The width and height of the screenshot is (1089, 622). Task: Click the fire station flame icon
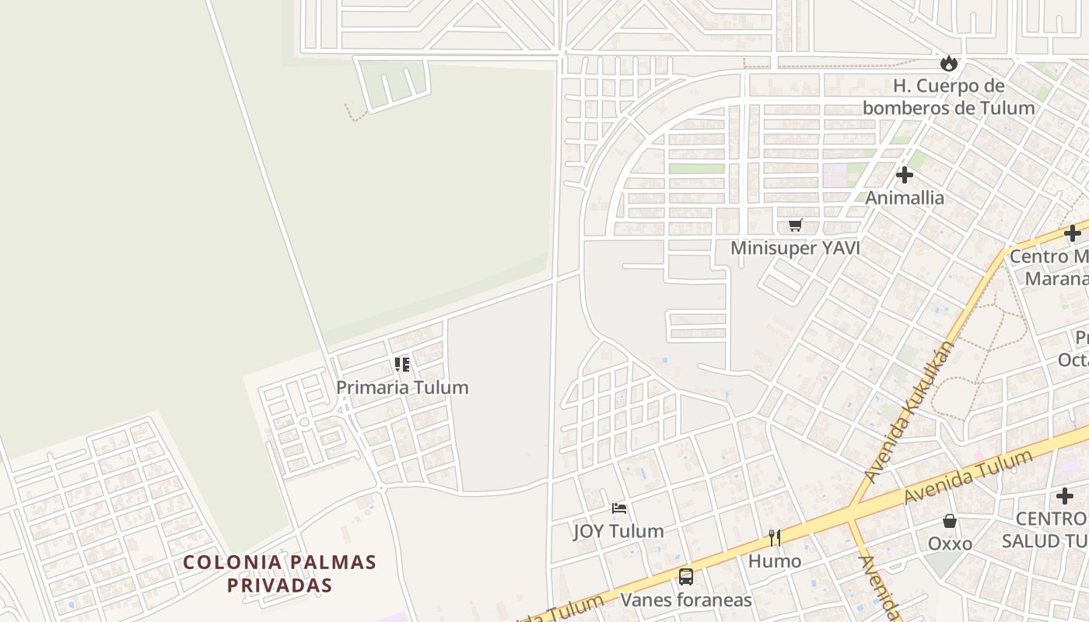pyautogui.click(x=948, y=63)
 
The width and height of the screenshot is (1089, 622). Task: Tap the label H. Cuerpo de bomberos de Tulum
pyautogui.click(x=948, y=97)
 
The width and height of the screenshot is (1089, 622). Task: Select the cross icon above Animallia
pyautogui.click(x=904, y=175)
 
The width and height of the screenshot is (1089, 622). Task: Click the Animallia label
pyautogui.click(x=905, y=197)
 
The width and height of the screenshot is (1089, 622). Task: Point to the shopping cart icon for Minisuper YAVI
pyautogui.click(x=795, y=225)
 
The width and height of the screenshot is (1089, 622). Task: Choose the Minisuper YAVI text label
pyautogui.click(x=795, y=248)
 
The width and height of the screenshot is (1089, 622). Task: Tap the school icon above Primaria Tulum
pyautogui.click(x=401, y=364)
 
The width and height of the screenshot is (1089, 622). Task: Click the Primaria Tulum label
pyautogui.click(x=402, y=387)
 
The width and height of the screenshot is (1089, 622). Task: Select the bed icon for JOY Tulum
pyautogui.click(x=619, y=508)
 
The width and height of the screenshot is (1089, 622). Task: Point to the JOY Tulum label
pyautogui.click(x=618, y=531)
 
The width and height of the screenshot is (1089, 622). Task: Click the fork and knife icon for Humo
pyautogui.click(x=775, y=538)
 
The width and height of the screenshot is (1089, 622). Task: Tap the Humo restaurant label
pyautogui.click(x=775, y=561)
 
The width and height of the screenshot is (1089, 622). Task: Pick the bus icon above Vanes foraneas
pyautogui.click(x=685, y=577)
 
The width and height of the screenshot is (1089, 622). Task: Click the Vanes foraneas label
pyautogui.click(x=685, y=600)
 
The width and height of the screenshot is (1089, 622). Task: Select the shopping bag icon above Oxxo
pyautogui.click(x=949, y=521)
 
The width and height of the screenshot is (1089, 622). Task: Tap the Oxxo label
pyautogui.click(x=950, y=543)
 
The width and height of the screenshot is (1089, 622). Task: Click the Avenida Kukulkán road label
pyautogui.click(x=909, y=411)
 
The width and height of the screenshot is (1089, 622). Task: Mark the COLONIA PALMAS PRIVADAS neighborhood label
pyautogui.click(x=279, y=573)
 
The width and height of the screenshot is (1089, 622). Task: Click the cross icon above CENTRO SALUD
pyautogui.click(x=1065, y=496)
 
